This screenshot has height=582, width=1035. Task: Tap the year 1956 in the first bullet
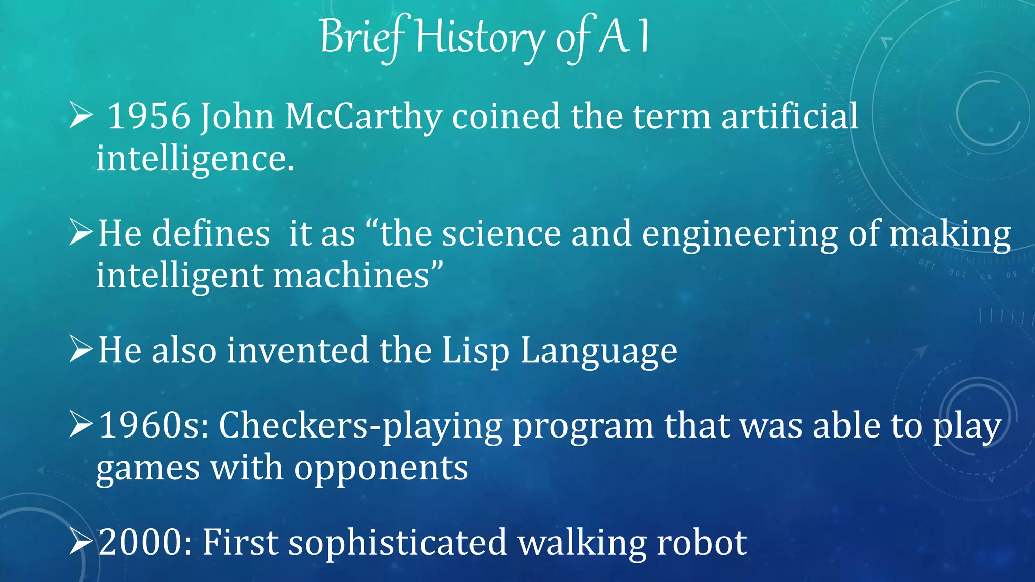(149, 116)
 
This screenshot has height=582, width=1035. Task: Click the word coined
(506, 116)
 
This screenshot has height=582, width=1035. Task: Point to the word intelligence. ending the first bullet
(195, 159)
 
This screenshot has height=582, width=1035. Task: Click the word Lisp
(475, 351)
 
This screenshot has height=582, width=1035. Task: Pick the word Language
(599, 351)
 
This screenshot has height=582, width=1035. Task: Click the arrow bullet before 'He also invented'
(81, 349)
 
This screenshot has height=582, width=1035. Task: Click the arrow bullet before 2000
(81, 542)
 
